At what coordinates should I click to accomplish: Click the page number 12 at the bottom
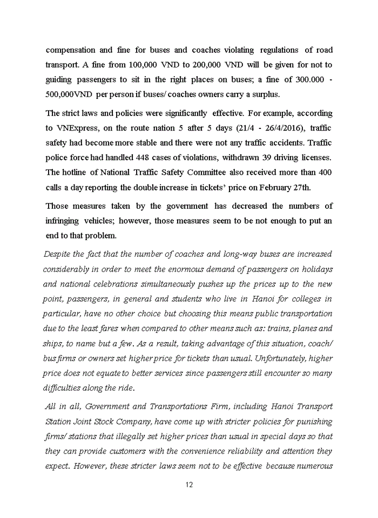click(x=189, y=484)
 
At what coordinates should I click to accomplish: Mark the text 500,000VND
click(x=70, y=93)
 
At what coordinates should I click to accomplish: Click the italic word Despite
click(x=57, y=254)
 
